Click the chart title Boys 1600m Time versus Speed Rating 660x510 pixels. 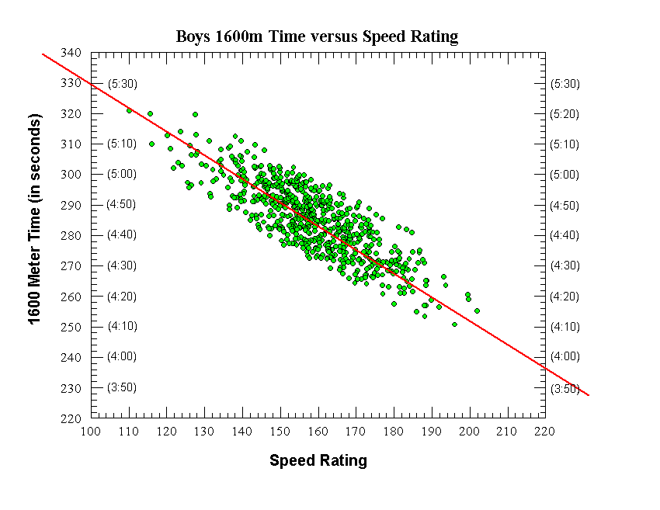coord(317,36)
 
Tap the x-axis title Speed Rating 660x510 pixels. coord(318,460)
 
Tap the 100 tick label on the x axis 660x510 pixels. coord(91,432)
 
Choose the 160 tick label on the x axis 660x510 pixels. coord(318,432)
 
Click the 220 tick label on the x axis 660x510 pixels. coord(544,432)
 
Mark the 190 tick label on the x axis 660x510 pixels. coord(431,432)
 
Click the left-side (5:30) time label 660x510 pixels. coord(122,83)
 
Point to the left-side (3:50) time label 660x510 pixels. coord(122,387)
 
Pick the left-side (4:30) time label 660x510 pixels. coord(122,265)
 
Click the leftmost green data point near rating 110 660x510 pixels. coord(130,110)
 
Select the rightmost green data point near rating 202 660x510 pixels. coord(477,311)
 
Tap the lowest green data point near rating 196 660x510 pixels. coord(454,324)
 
